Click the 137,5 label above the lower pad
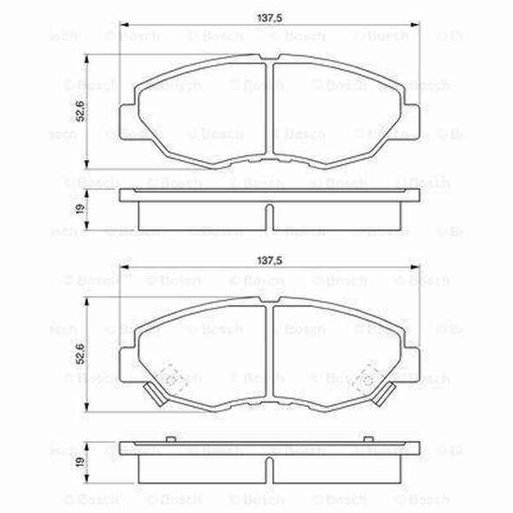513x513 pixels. pos(270,263)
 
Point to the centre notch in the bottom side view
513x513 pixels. pos(270,469)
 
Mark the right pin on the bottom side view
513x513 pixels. pos(369,439)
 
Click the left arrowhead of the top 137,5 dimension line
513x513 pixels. pos(122,25)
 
